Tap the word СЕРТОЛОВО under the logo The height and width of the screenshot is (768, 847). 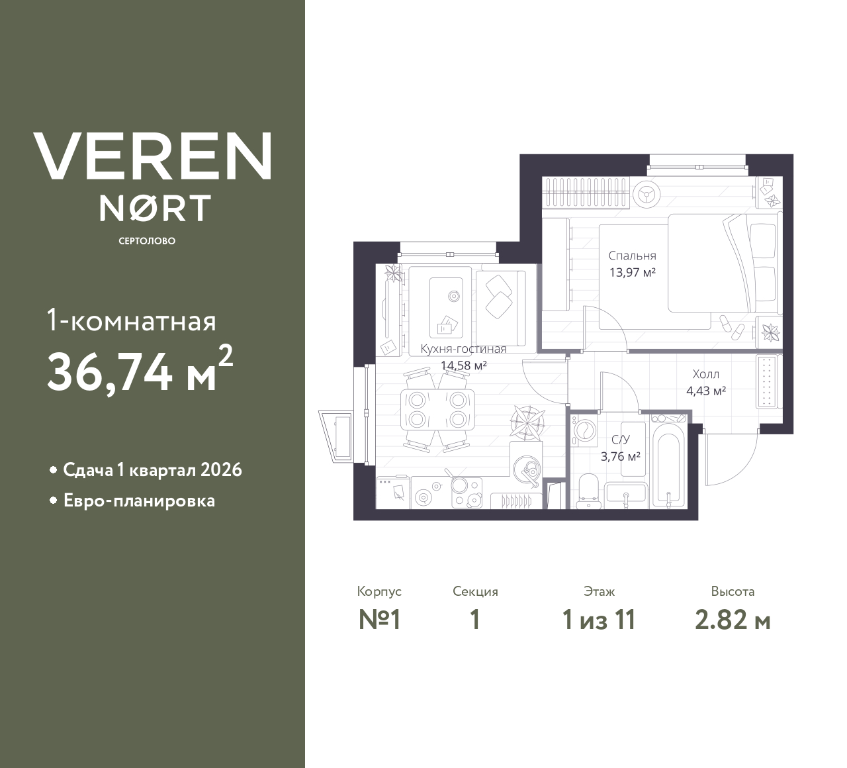tap(147, 241)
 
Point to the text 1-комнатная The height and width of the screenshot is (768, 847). tap(132, 322)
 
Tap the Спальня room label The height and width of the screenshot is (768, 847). tap(632, 256)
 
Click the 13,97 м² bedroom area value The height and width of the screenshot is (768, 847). tap(632, 273)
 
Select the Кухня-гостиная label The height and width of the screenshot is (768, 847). tap(463, 349)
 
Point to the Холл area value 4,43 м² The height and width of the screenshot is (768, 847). tap(706, 391)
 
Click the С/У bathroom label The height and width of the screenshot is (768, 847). tap(620, 440)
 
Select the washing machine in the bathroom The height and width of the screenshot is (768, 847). tap(584, 430)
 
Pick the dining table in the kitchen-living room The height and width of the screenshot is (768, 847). tap(437, 409)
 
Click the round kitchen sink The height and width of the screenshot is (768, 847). tap(525, 468)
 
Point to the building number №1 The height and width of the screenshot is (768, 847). tap(379, 620)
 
